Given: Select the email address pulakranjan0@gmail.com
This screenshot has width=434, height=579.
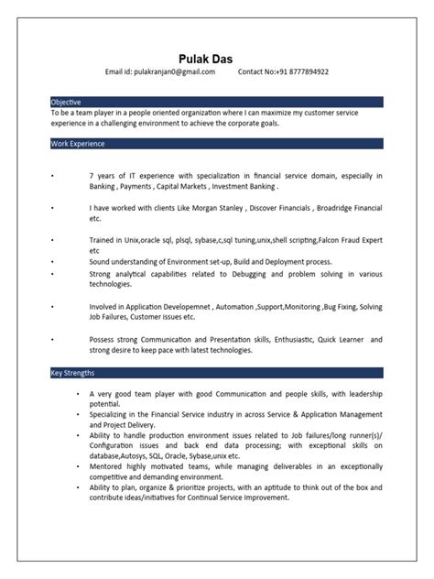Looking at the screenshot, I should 172,71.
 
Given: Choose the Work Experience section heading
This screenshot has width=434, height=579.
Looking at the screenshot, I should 79,144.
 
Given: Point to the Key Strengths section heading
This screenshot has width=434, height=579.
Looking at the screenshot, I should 73,373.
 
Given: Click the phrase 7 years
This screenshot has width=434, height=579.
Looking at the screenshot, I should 102,174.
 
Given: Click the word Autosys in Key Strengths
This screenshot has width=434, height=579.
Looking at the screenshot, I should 137,455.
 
